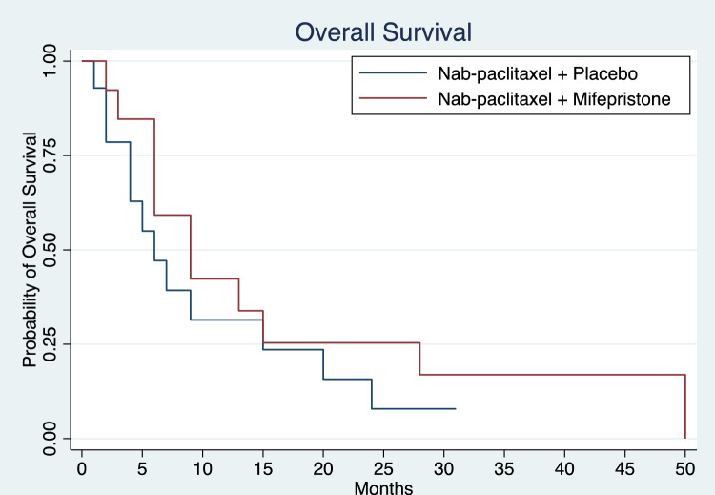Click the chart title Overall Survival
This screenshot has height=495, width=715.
[x=383, y=32]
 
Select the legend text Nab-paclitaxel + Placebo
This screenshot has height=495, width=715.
[x=538, y=73]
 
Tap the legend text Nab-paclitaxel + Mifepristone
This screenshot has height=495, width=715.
[x=554, y=98]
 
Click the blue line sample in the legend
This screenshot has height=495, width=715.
[x=393, y=73]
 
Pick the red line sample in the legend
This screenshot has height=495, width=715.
[x=393, y=98]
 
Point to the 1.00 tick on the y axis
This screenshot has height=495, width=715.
[x=50, y=61]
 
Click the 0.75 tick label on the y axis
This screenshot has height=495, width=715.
[x=50, y=155]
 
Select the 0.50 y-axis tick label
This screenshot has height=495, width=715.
[x=50, y=250]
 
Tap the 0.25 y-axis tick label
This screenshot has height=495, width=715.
[x=50, y=344]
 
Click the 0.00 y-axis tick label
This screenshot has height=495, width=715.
[x=50, y=439]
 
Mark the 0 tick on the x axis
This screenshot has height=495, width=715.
[x=82, y=468]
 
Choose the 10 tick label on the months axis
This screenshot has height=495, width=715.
[x=202, y=468]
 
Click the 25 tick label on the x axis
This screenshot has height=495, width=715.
[x=383, y=468]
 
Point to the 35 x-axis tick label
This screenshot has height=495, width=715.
[x=504, y=468]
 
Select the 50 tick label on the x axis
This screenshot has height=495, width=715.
[x=684, y=468]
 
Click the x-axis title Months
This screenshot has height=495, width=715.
[x=383, y=487]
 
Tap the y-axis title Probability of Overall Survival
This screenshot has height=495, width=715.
[x=30, y=250]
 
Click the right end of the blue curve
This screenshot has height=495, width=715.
[x=456, y=409]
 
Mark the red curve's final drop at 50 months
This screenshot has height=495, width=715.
[x=685, y=406]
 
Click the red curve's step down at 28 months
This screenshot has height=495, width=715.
[x=419, y=359]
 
